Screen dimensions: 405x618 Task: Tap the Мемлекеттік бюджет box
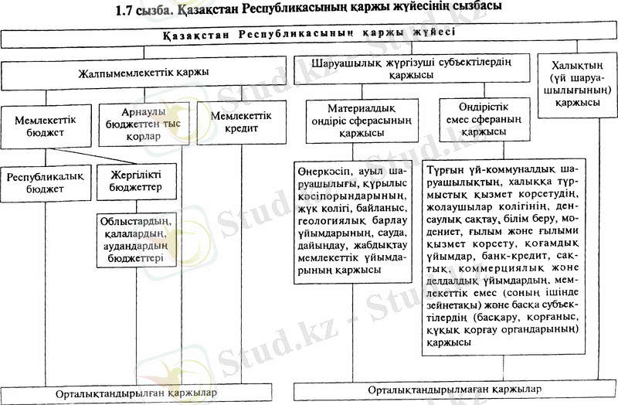pyautogui.click(x=41, y=124)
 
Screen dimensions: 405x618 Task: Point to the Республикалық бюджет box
pyautogui.click(x=45, y=182)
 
